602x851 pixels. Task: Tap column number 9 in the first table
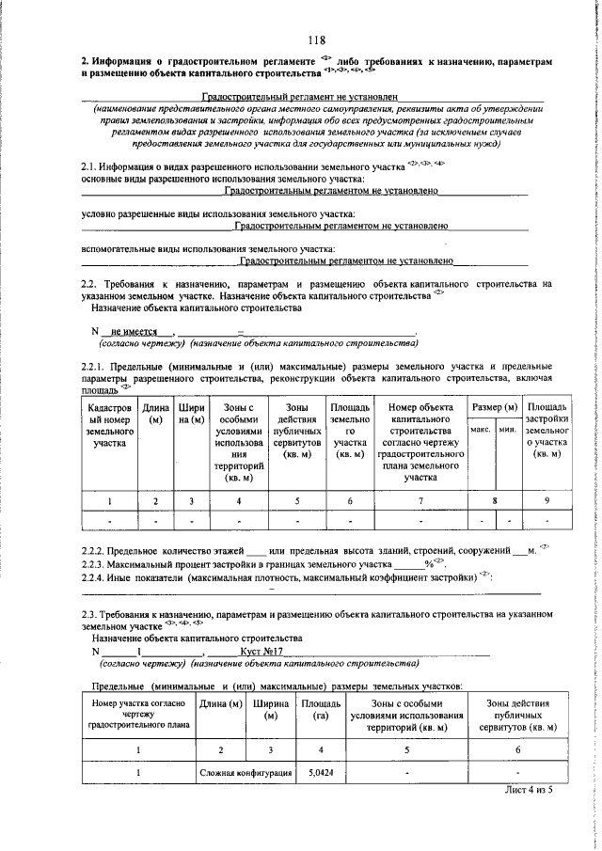pyautogui.click(x=547, y=501)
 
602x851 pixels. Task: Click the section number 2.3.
pyautogui.click(x=91, y=613)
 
